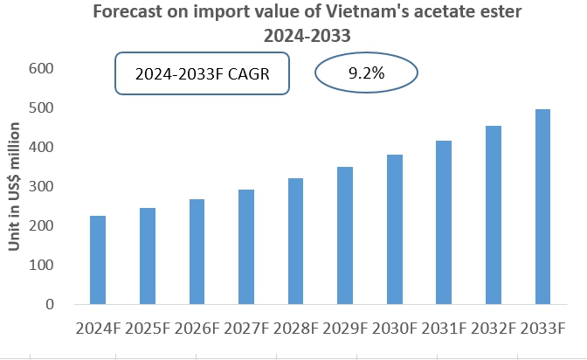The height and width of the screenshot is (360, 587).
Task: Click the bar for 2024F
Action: point(98,260)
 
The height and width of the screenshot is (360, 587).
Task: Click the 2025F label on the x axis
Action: point(147,329)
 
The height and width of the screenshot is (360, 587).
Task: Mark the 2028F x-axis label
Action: point(296,329)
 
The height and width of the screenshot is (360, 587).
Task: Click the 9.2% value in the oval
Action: point(366,73)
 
